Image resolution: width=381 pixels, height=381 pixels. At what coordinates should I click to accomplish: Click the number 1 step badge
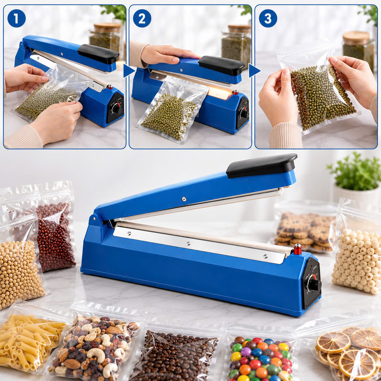pyautogui.click(x=16, y=19)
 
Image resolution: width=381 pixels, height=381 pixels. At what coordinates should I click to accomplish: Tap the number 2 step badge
pyautogui.click(x=142, y=19)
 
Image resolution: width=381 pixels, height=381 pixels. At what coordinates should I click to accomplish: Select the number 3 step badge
pyautogui.click(x=268, y=19)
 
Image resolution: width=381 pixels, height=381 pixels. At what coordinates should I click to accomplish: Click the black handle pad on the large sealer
pyautogui.click(x=261, y=166)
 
